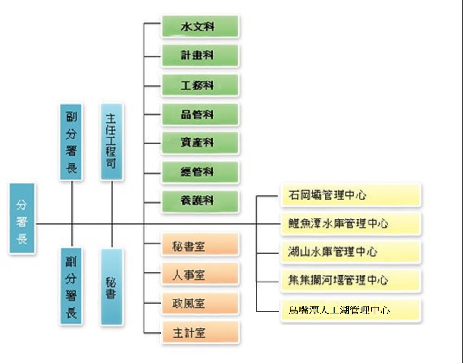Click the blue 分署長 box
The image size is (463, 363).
coord(22,218)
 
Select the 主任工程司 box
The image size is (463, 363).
coord(112,141)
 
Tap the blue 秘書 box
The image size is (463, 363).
coord(112,287)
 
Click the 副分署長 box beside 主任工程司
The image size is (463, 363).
coord(72,141)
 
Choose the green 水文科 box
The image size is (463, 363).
coord(200,27)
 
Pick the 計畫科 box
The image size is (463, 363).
coord(200,56)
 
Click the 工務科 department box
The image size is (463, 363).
coord(200,85)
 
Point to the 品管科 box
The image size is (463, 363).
coord(200,114)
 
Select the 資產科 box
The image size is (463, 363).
coord(200,143)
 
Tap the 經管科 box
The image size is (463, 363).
coord(200,172)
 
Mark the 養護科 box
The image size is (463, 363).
coord(200,201)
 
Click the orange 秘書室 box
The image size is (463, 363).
coord(200,245)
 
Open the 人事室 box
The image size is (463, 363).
coord(200,275)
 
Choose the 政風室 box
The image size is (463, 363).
coord(200,304)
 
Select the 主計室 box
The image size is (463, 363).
coord(200,333)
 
